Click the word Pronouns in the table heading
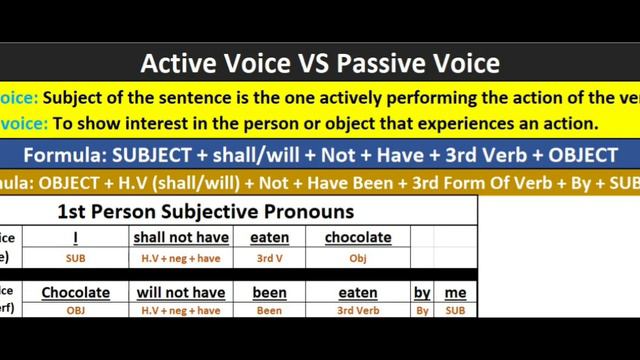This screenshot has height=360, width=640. (x=311, y=211)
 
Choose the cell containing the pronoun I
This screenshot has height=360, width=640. (x=75, y=238)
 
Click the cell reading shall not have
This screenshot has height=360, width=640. (x=181, y=238)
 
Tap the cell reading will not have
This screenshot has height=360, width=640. (x=181, y=293)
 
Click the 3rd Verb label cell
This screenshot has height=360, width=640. (x=357, y=311)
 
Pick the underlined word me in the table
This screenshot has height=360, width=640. (x=455, y=293)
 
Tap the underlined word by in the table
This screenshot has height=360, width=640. (x=422, y=293)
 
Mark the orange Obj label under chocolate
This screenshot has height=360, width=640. (x=357, y=257)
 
